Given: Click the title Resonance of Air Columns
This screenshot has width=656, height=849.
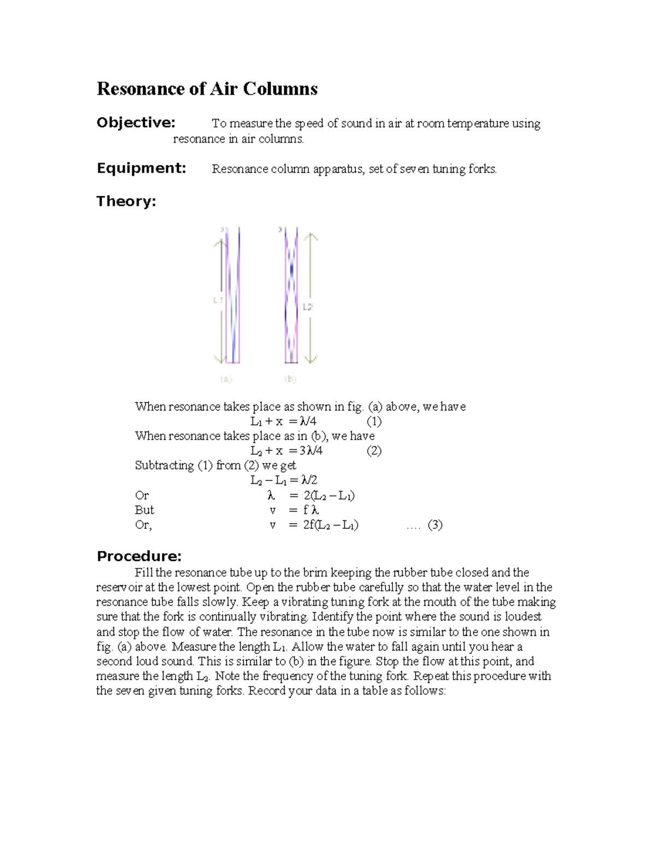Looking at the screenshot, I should (207, 89).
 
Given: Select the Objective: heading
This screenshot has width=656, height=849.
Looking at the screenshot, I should (136, 122).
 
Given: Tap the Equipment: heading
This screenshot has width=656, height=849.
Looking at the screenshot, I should (141, 168).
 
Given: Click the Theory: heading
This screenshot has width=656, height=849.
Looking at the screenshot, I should (126, 201).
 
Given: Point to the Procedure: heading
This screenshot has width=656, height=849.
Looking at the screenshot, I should (139, 556).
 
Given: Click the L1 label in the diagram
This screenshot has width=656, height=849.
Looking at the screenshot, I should (218, 300).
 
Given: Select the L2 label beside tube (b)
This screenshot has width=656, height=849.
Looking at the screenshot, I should (308, 307).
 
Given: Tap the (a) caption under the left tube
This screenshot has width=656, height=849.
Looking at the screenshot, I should (226, 378).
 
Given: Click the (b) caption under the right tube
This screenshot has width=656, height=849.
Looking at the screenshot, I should (290, 378).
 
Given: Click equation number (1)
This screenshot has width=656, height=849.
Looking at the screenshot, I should (374, 421).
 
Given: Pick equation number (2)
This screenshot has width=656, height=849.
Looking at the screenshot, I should (374, 451).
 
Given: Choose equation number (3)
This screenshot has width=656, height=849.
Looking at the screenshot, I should (435, 525).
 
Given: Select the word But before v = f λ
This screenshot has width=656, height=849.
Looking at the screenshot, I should (144, 510).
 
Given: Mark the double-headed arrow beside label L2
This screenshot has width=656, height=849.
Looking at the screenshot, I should (311, 298).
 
